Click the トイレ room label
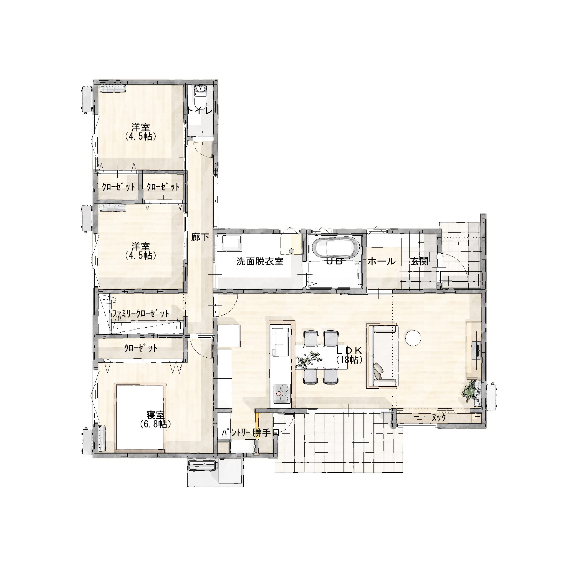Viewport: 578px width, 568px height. tap(200, 111)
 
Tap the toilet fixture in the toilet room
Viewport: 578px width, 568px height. tap(200, 95)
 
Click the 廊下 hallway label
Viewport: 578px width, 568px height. tap(200, 237)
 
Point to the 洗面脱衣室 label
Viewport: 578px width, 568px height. tap(260, 262)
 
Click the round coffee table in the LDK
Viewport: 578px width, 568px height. tap(413, 338)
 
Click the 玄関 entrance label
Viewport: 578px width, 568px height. tap(419, 262)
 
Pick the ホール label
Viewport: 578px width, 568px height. tap(382, 262)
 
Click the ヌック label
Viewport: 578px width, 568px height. tap(439, 418)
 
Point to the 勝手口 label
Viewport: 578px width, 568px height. tap(266, 433)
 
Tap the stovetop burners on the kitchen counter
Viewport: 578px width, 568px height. tap(282, 393)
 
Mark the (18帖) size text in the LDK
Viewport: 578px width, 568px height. tap(349, 360)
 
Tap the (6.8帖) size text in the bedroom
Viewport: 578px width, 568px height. tap(155, 424)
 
